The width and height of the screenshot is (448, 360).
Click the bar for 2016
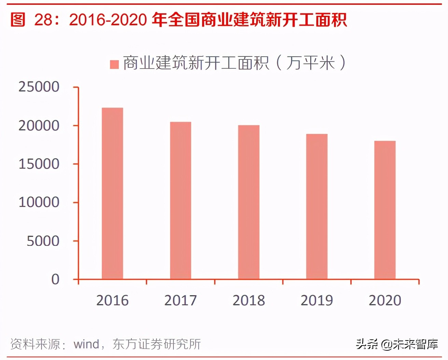112,194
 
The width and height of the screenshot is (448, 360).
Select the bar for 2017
181,200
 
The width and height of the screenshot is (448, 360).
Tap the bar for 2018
249,202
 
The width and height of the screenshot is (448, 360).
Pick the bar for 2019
317,207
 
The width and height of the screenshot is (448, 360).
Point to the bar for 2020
385,210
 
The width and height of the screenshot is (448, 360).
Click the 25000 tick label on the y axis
39,87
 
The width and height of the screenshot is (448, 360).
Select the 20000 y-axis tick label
39,126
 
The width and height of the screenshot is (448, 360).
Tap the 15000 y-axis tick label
39,164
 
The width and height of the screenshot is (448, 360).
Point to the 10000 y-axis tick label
39,202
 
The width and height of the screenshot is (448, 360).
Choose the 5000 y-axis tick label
43,241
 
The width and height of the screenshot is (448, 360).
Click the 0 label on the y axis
55,279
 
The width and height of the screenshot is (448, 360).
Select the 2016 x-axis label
112,301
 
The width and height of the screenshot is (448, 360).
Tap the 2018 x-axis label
249,301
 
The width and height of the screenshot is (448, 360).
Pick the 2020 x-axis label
385,301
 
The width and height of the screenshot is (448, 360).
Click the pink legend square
114,64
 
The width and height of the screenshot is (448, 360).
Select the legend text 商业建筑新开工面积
196,63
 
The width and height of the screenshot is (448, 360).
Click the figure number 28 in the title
43,20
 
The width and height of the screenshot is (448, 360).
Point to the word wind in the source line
86,344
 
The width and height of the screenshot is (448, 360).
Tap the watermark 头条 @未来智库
397,344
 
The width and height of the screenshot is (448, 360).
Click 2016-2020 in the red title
108,20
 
